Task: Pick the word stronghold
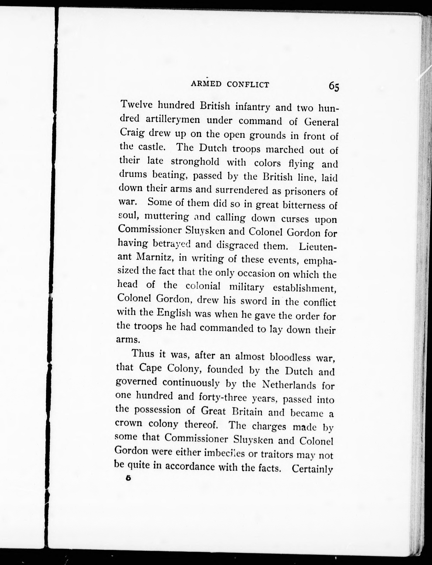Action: point(195,162)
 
